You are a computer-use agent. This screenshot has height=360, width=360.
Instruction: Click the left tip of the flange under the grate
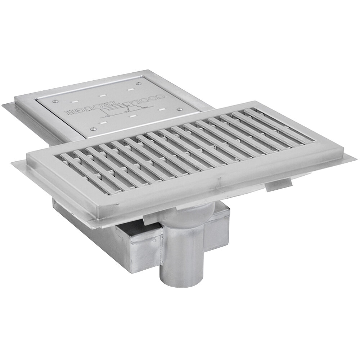pos(13,164)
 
